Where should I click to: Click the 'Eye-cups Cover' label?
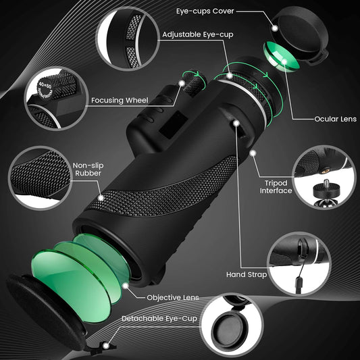205,11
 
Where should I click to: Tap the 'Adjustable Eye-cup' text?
198,34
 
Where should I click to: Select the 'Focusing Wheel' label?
120,100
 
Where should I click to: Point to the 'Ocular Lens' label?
335,119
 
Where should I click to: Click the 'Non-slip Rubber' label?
88,170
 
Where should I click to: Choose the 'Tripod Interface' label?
276,186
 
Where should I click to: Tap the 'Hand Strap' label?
247,275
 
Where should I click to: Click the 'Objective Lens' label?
173,298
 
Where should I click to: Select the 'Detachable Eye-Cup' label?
159,318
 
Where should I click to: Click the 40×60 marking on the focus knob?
45,86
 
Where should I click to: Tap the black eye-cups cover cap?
301,34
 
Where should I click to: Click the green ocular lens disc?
282,57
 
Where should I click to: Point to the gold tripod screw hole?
324,172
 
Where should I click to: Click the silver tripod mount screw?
326,184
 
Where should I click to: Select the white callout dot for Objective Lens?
126,286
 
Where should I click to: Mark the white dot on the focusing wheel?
182,83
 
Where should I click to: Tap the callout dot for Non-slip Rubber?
101,198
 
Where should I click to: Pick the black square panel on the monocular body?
174,125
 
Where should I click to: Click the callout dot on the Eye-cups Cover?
275,28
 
